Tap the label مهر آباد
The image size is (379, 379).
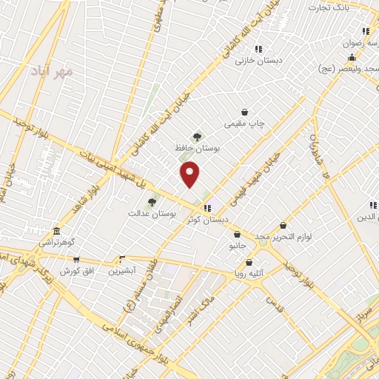coord(53,72)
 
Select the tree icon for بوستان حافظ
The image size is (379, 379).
coord(197,136)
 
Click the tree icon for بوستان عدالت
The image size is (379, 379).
coord(152,201)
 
